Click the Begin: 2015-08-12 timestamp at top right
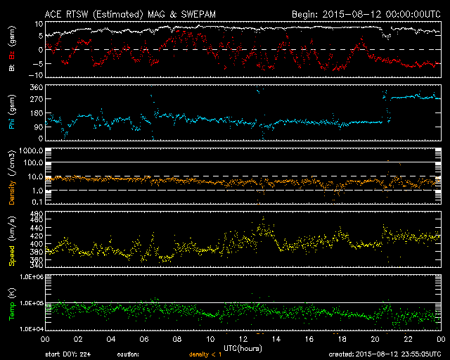[366, 13]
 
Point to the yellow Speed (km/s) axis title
[12, 238]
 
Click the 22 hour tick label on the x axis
[408, 340]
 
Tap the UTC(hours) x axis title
[243, 349]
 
